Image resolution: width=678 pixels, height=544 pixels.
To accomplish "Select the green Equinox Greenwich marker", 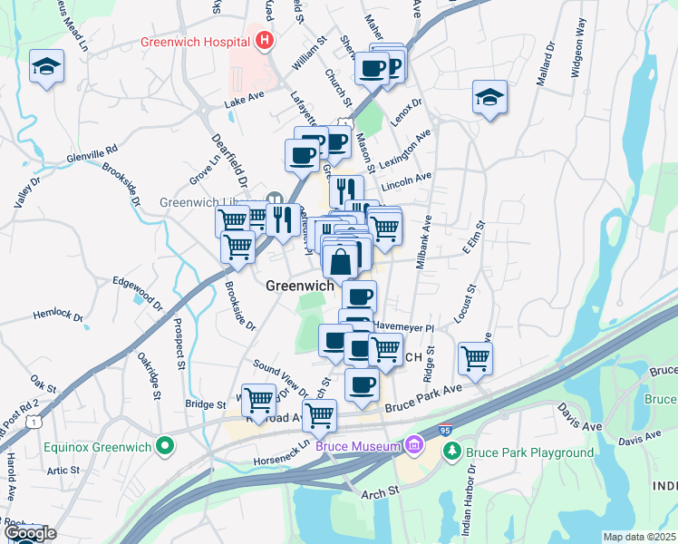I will (164, 445).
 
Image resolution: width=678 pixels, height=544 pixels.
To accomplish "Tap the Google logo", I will (29, 534).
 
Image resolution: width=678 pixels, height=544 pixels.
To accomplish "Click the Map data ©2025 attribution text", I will (639, 537).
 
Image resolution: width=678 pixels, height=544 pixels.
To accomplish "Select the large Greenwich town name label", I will (300, 286).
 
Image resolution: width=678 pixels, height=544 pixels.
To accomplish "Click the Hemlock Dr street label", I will (58, 317).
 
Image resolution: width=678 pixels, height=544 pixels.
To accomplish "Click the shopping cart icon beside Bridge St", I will (259, 397).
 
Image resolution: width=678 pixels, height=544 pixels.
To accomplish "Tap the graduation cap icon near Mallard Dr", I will (489, 97).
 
